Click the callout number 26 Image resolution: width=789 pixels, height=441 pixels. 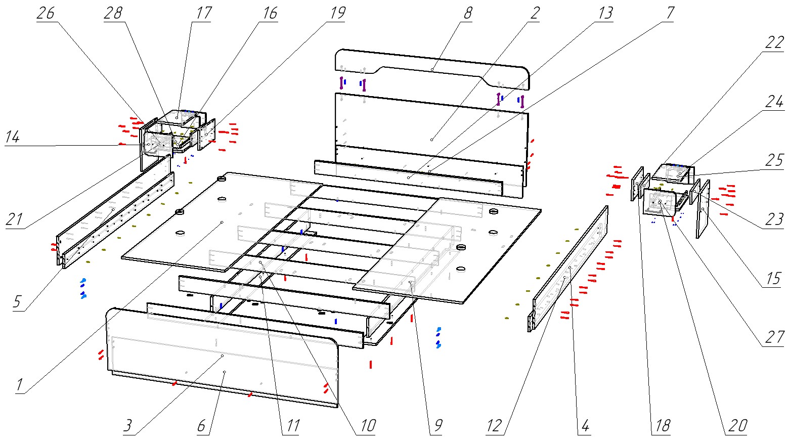click(46, 13)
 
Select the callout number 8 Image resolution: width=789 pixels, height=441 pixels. click(467, 13)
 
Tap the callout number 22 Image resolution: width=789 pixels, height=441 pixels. click(774, 43)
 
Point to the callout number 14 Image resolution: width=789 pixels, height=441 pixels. click(13, 137)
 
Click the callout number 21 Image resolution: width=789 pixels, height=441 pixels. click(15, 220)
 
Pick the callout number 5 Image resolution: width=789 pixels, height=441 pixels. click(17, 302)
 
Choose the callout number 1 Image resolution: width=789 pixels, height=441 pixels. click(19, 385)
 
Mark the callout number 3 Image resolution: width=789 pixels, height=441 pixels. click(128, 426)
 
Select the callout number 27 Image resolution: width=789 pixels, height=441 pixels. click(774, 337)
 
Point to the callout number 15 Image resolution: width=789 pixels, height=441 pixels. click(774, 279)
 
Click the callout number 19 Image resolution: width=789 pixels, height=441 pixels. click(337, 13)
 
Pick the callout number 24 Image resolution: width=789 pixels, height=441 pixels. click(774, 102)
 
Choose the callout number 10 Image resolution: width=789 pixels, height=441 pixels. click(367, 426)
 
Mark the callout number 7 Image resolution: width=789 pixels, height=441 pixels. click(670, 13)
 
